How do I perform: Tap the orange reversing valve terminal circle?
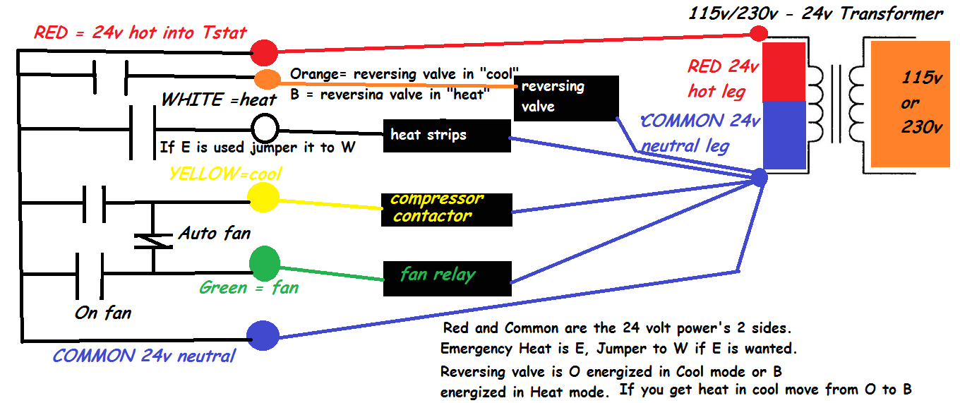pos(267,79)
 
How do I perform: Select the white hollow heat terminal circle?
pos(265,128)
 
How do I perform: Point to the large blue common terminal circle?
pos(263,335)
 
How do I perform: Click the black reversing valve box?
pos(566,97)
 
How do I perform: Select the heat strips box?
pos(446,136)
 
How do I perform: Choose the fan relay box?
pos(447,278)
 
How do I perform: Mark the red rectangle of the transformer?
pos(784,71)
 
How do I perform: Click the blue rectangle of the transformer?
pos(784,135)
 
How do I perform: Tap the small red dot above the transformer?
pos(759,33)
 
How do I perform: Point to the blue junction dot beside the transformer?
pos(759,176)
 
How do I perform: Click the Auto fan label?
pos(214,232)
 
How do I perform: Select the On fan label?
pos(103,312)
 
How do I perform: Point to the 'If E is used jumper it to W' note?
pos(258,148)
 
